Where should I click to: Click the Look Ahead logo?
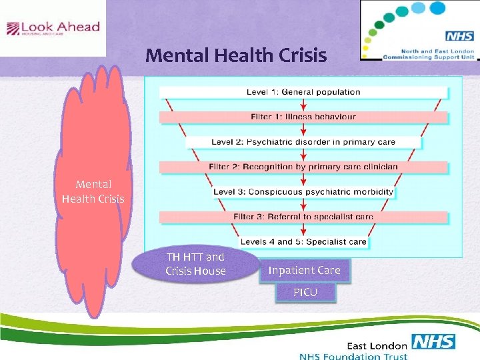(53, 28)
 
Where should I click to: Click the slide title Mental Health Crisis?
(236, 55)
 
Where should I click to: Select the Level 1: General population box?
(303, 92)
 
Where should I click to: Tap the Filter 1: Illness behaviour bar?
(303, 117)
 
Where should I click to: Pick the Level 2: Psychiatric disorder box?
(303, 141)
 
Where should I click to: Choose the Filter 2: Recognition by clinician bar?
(303, 167)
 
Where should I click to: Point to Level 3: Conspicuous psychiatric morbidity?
(303, 192)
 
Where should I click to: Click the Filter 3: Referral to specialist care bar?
(303, 217)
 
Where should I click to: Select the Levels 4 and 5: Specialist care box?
(303, 241)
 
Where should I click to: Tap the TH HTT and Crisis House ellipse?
(195, 264)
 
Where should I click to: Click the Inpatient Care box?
(304, 270)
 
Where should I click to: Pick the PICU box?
(305, 292)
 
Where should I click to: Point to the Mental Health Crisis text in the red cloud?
(93, 191)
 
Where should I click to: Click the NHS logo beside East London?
(433, 343)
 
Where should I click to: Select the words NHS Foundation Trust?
(353, 356)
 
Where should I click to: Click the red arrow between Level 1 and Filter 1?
(303, 104)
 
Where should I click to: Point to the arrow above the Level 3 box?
(303, 179)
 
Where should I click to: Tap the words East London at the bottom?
(377, 345)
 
